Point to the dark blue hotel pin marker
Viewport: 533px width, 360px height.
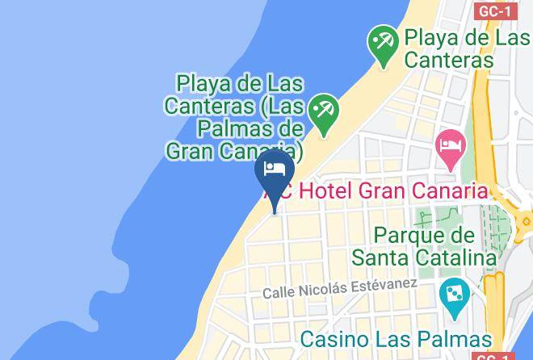click(x=274, y=171)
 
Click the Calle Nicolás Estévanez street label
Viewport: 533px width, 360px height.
click(x=339, y=288)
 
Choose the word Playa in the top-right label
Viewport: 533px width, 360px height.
click(x=432, y=37)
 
